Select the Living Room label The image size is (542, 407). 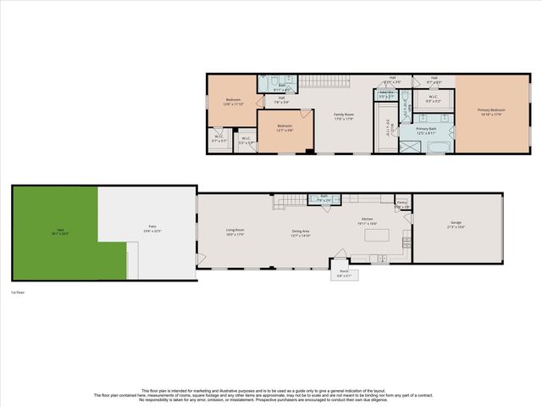(235, 231)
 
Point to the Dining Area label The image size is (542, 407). (301, 231)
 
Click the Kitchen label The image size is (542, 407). (368, 220)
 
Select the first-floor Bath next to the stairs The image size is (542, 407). (324, 198)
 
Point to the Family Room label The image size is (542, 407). (343, 118)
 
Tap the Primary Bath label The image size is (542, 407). (426, 131)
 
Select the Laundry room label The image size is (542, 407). (385, 96)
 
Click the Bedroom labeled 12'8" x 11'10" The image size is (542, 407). (232, 101)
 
